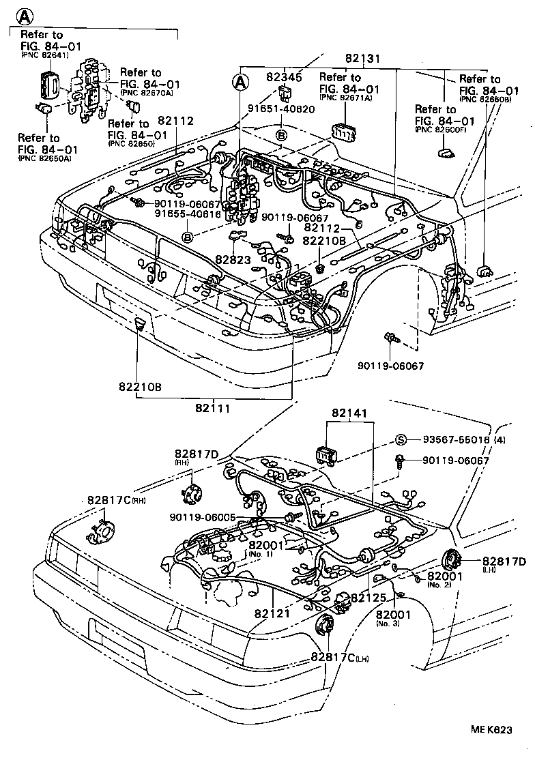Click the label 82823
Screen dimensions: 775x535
pyautogui.click(x=233, y=260)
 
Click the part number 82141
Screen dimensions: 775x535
pyautogui.click(x=349, y=413)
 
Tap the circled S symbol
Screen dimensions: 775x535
pyautogui.click(x=401, y=439)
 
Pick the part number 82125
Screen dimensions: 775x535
pyautogui.click(x=368, y=598)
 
